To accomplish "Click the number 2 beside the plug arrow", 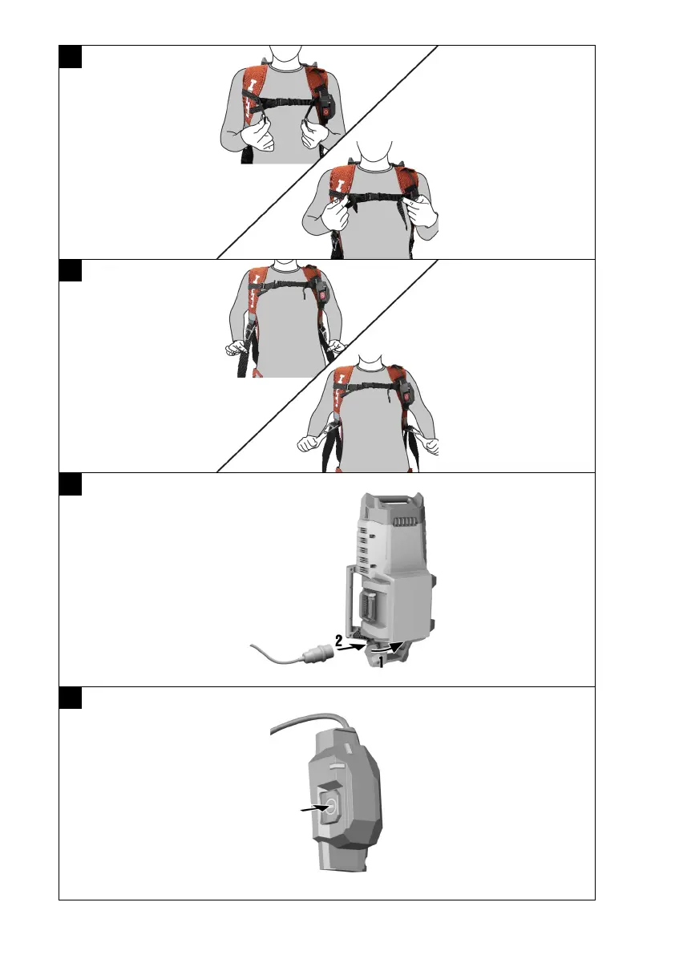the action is tap(338, 640).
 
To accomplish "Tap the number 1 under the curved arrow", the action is tap(381, 662).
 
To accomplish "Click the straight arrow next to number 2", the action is tap(353, 647).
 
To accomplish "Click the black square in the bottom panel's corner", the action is tap(71, 698).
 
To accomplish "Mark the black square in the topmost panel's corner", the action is tap(71, 57).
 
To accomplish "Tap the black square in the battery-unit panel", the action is tap(71, 485).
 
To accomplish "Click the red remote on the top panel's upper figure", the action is tap(325, 108).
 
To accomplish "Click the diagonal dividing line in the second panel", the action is tap(327, 366).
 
